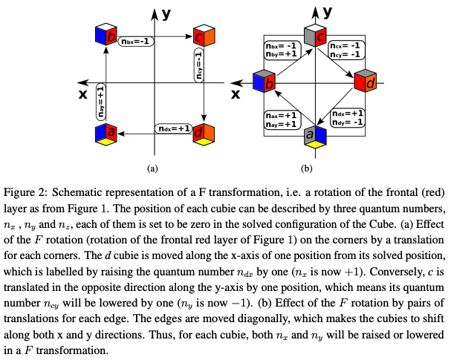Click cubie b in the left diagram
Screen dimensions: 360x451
106,36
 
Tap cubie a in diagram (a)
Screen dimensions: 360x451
106,134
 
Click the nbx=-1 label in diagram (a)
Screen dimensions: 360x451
136,42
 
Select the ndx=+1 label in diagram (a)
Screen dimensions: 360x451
172,128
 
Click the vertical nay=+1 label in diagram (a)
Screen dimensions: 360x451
100,102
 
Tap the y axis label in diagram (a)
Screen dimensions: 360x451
167,13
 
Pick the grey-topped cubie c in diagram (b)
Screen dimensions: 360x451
316,35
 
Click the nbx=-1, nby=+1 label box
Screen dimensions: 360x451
282,49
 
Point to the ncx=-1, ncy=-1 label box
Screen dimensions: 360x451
348,49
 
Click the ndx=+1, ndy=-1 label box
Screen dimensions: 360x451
348,117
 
